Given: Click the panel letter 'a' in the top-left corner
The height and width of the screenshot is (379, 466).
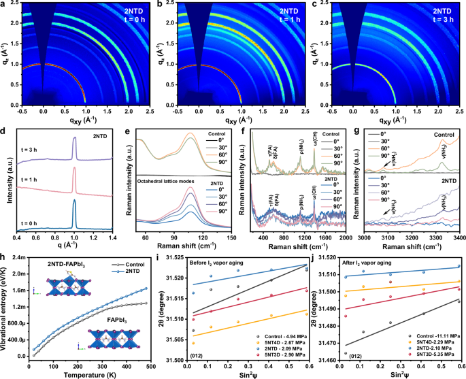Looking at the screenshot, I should tap(3, 5).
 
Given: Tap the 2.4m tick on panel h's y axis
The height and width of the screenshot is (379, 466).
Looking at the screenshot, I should tap(16, 257).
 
